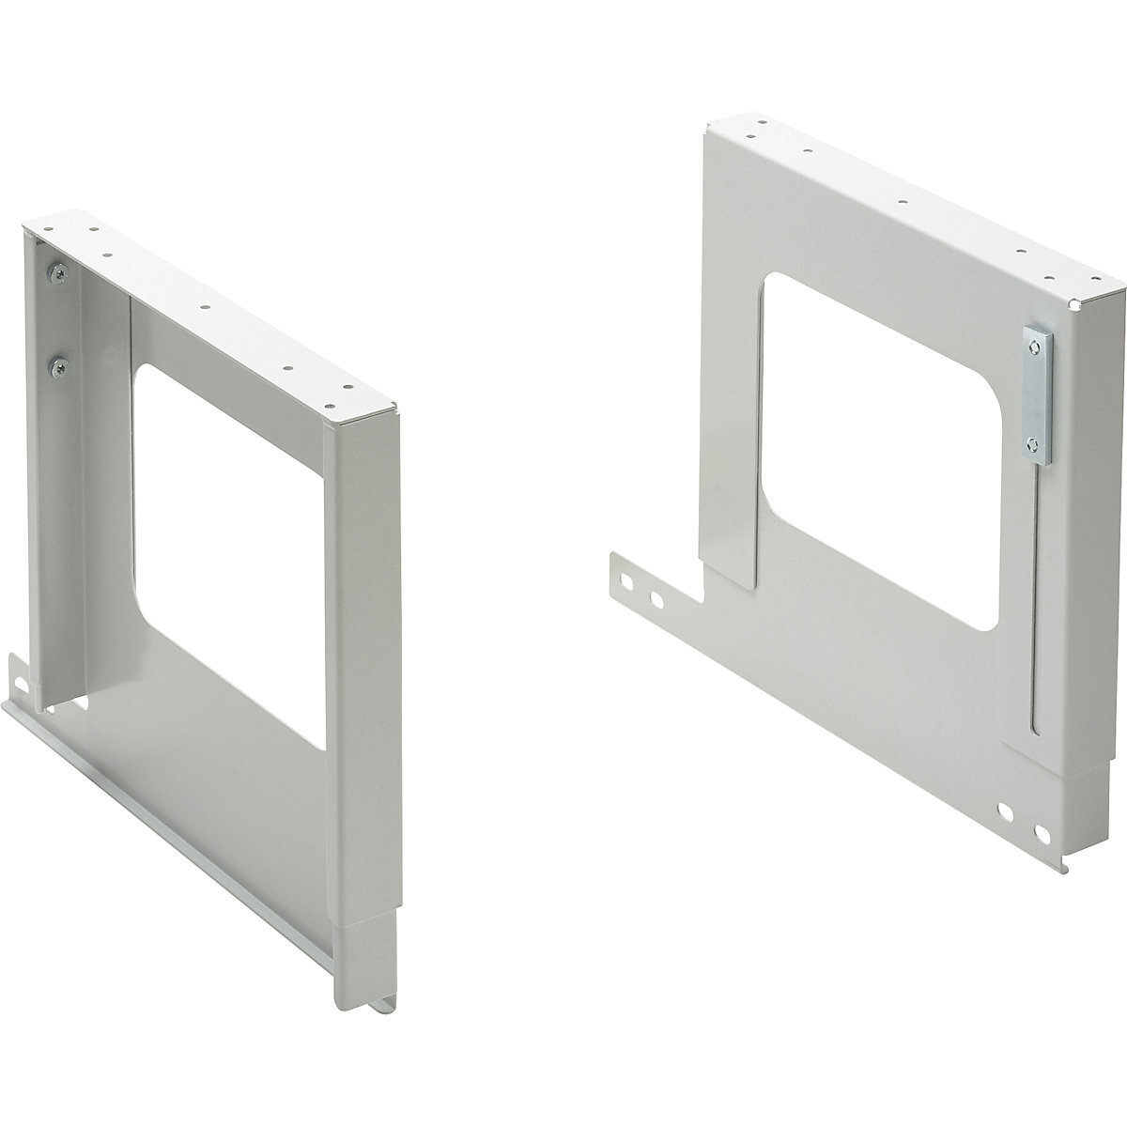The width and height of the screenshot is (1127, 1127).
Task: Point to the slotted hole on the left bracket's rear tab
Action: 16,674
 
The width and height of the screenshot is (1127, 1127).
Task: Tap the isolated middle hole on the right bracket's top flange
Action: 901,201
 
